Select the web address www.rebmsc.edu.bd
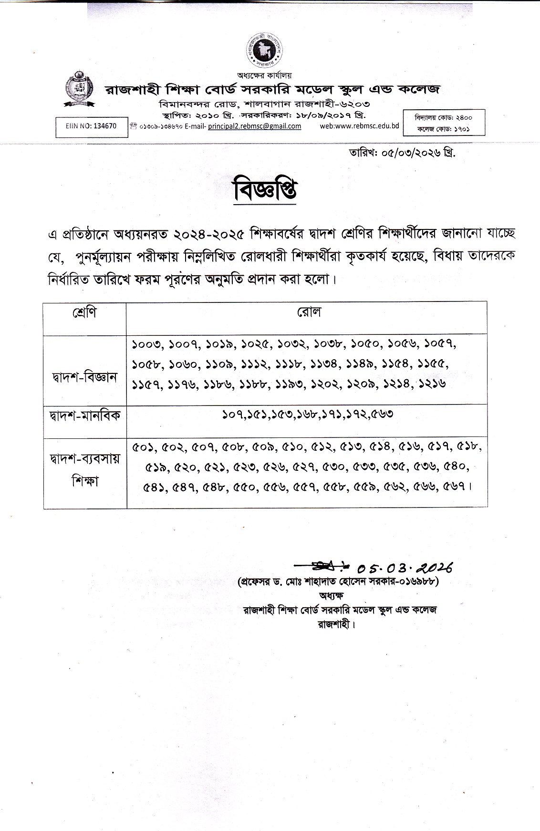tap(359, 125)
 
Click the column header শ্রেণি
tap(84, 313)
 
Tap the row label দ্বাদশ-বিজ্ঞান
tap(84, 377)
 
